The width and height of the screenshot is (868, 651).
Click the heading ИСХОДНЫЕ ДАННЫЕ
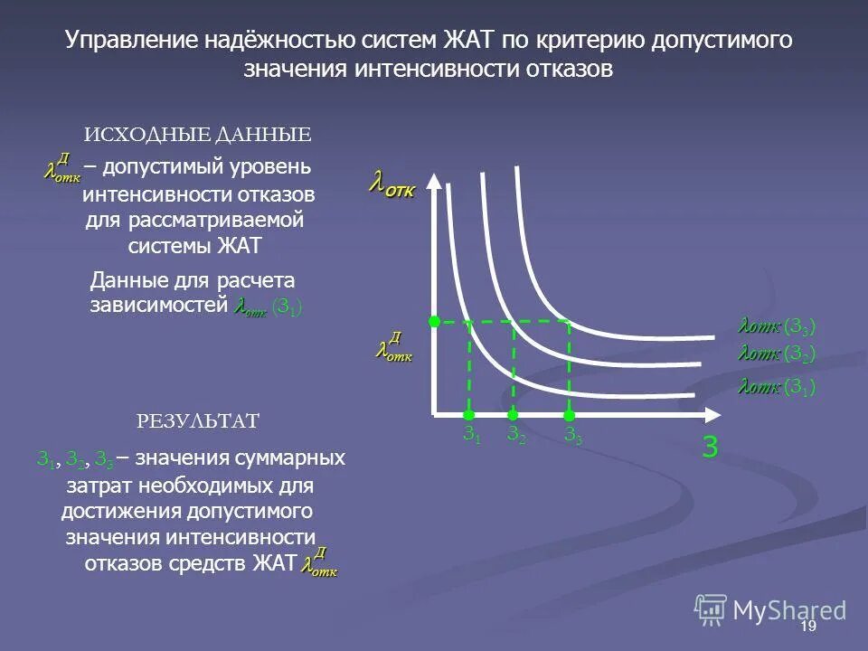(x=198, y=136)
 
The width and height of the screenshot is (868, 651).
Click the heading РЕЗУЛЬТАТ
(x=198, y=421)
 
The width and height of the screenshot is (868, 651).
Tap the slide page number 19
(x=808, y=627)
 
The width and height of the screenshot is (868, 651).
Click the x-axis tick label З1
(x=471, y=435)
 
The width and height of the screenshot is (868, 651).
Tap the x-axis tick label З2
(x=514, y=435)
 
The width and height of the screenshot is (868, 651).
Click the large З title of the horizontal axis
(x=710, y=448)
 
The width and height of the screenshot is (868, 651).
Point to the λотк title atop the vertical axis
(x=391, y=187)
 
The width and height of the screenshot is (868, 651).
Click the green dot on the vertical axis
(x=434, y=321)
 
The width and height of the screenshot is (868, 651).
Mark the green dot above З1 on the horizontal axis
(x=468, y=414)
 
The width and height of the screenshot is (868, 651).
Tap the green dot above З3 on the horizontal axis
(x=569, y=415)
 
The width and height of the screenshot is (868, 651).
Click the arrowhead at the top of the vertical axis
(x=435, y=178)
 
